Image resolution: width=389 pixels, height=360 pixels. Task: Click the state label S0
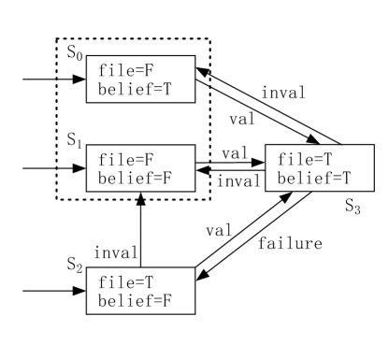pyautogui.click(x=74, y=50)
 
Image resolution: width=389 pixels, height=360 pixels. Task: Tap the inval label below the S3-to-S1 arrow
pyautogui.click(x=233, y=180)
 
